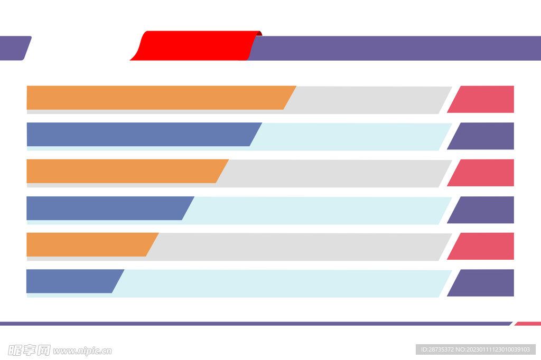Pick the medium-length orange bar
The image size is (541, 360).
[122, 171]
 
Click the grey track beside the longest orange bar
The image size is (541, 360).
[370, 99]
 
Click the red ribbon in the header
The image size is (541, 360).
[195, 45]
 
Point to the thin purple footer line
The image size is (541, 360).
[254, 324]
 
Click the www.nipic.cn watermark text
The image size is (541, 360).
[82, 350]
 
